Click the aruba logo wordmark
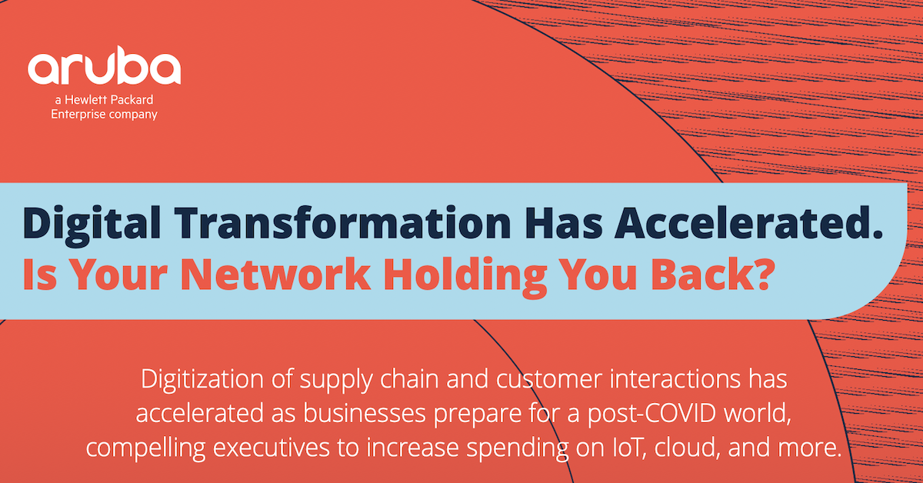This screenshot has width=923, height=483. click(x=104, y=68)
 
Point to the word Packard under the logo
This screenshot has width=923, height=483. click(x=132, y=100)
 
